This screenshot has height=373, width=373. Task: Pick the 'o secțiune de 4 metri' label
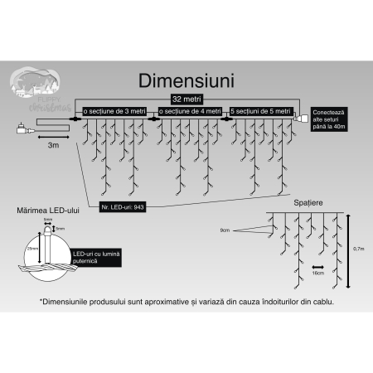(191, 110)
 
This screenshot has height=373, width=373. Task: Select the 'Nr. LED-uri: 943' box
(123, 206)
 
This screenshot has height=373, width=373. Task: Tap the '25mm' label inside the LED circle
(31, 248)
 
